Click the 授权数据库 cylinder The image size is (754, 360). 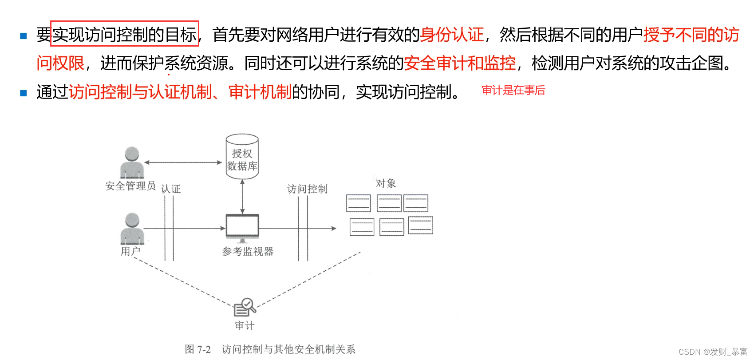242,157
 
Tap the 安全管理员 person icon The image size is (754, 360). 132,163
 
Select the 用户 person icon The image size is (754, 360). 132,229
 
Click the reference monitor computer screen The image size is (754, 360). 242,226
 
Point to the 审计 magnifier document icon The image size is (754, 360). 245,306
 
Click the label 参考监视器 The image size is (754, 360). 248,252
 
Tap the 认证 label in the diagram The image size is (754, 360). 171,189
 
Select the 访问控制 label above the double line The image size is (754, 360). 307,189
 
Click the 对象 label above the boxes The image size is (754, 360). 386,183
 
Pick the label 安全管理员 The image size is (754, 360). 130,186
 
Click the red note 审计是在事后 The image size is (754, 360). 513,91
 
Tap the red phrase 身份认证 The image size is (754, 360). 452,35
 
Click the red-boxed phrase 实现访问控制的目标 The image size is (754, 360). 125,34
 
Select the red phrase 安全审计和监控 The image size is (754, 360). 460,63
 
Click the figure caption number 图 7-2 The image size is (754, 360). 198,349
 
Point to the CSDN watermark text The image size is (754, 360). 713,352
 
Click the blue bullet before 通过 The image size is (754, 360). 24,93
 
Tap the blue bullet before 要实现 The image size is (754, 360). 24,36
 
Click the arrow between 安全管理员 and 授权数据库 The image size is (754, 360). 183,162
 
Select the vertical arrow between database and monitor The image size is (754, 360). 242,196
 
